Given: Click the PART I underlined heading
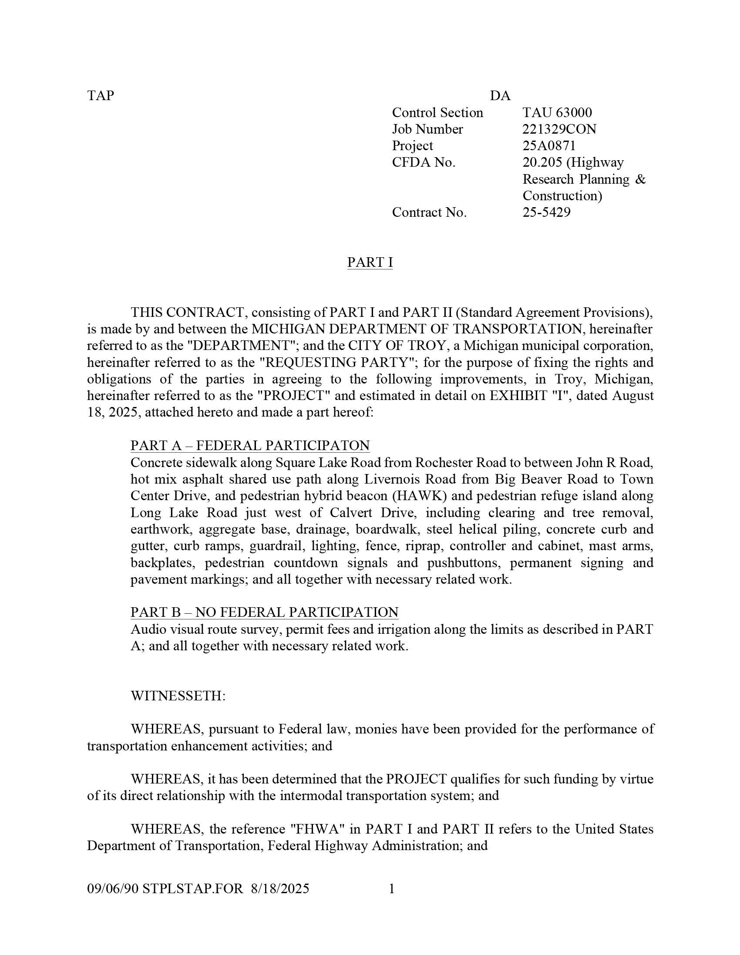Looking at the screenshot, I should (x=370, y=262).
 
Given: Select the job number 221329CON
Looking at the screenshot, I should (x=559, y=129).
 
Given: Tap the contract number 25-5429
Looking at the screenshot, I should (x=546, y=212).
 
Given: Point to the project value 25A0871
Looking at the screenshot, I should (x=549, y=146).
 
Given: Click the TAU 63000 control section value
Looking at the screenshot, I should (x=557, y=113).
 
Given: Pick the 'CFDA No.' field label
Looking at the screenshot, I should (x=424, y=163).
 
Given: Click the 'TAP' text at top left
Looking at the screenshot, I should (x=100, y=96).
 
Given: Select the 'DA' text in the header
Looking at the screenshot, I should (x=500, y=96).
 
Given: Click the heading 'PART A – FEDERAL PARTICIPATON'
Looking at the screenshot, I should (x=250, y=446).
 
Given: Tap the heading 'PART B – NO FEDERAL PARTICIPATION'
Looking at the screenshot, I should (x=264, y=612).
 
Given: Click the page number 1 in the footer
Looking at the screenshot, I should (x=392, y=888).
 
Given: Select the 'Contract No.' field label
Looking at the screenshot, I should (x=429, y=212).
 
